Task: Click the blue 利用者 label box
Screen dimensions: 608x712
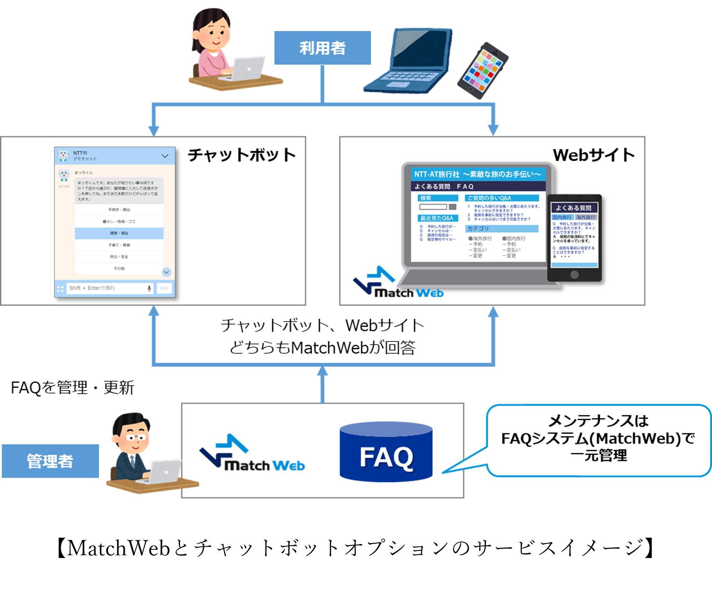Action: tap(322, 48)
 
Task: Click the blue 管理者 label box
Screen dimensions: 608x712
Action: tap(50, 461)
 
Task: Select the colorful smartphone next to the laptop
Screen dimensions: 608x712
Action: tap(483, 70)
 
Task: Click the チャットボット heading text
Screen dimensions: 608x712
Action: tap(242, 155)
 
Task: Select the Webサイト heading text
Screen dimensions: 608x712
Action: tap(593, 155)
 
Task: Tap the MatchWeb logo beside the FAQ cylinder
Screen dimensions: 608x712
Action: tap(252, 453)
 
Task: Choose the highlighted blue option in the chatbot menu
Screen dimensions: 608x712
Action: tap(119, 233)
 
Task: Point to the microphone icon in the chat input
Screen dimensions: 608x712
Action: tap(149, 288)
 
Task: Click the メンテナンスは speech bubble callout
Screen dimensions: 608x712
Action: tap(598, 439)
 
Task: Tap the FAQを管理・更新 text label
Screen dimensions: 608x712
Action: tap(73, 388)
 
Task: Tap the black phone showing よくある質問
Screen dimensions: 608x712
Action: tap(574, 238)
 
